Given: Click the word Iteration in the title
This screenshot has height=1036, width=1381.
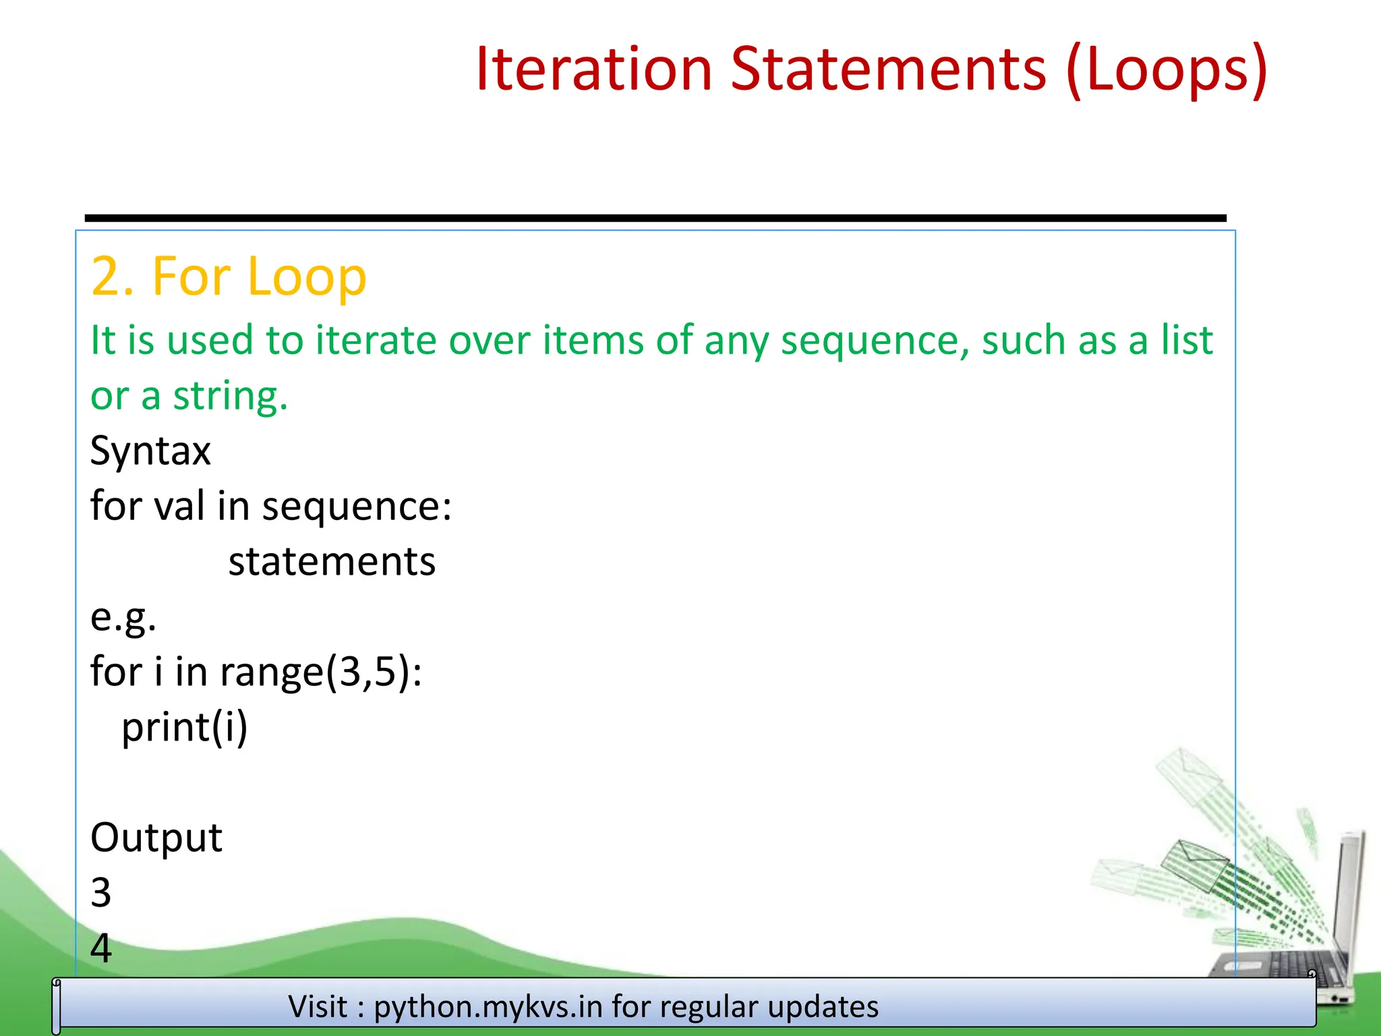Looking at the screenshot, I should pyautogui.click(x=593, y=69).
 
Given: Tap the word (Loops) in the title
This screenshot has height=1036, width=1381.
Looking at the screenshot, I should pyautogui.click(x=1167, y=69).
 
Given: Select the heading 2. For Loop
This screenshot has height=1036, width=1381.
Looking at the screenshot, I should pyautogui.click(x=229, y=277).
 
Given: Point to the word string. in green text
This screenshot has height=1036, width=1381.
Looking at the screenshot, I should pyautogui.click(x=230, y=397).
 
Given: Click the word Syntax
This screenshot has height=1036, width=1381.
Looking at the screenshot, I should pyautogui.click(x=150, y=451).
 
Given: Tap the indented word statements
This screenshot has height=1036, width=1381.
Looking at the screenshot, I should pyautogui.click(x=332, y=562).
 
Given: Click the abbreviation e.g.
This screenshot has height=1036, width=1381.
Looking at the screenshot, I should pyautogui.click(x=123, y=617).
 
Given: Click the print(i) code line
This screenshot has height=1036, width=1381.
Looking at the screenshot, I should pyautogui.click(x=185, y=728).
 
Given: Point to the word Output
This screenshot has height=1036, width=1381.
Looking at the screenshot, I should pyautogui.click(x=156, y=838).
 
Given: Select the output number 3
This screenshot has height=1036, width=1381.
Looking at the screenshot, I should pyautogui.click(x=101, y=893).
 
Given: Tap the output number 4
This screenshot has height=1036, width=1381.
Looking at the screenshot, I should pyautogui.click(x=101, y=948).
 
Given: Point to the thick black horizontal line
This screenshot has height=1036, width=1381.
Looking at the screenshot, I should pyautogui.click(x=654, y=218).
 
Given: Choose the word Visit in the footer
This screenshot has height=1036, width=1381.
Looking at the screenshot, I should pyautogui.click(x=318, y=1007).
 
